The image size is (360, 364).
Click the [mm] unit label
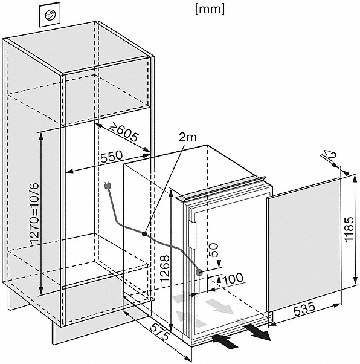210,10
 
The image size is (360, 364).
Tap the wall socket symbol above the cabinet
50,16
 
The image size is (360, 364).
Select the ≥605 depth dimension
124,132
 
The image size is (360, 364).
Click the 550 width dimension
111,156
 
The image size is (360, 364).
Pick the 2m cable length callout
187,137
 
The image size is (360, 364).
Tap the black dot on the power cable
144,234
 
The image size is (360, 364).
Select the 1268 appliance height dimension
165,268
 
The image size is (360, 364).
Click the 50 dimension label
214,250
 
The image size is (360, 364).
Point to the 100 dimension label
233,278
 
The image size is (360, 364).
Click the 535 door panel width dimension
304,309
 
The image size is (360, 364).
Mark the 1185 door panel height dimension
349,229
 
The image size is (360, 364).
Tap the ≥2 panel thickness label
330,155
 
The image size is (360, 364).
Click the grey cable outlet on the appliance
199,273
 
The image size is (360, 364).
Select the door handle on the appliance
192,235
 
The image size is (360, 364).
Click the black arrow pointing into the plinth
225,341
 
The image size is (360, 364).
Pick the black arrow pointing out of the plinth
257,333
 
